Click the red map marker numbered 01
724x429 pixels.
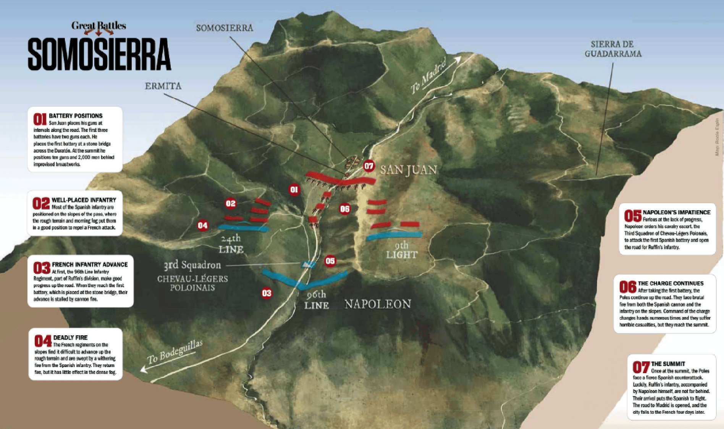[x=294, y=190]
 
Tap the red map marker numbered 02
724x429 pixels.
[x=231, y=203]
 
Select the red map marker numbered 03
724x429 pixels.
[x=267, y=293]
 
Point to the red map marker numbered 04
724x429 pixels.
[x=203, y=226]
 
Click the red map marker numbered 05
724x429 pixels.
[x=330, y=261]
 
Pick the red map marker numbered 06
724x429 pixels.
[x=345, y=209]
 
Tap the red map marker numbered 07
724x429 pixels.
[x=368, y=166]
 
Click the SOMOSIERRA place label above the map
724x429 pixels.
[x=225, y=28]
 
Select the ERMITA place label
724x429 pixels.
[x=163, y=86]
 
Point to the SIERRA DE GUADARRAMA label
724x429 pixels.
[x=613, y=49]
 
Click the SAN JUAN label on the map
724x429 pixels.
[x=409, y=170]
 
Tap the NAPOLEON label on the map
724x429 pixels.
[x=378, y=304]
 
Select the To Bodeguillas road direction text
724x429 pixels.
[x=175, y=352]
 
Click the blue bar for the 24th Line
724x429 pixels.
[x=244, y=228]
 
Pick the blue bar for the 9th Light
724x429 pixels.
[x=394, y=235]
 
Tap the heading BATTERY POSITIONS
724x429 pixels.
[x=76, y=116]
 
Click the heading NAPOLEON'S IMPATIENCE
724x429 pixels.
[x=676, y=212]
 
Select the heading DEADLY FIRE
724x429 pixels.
[x=70, y=338]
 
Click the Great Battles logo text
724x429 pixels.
[x=99, y=26]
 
